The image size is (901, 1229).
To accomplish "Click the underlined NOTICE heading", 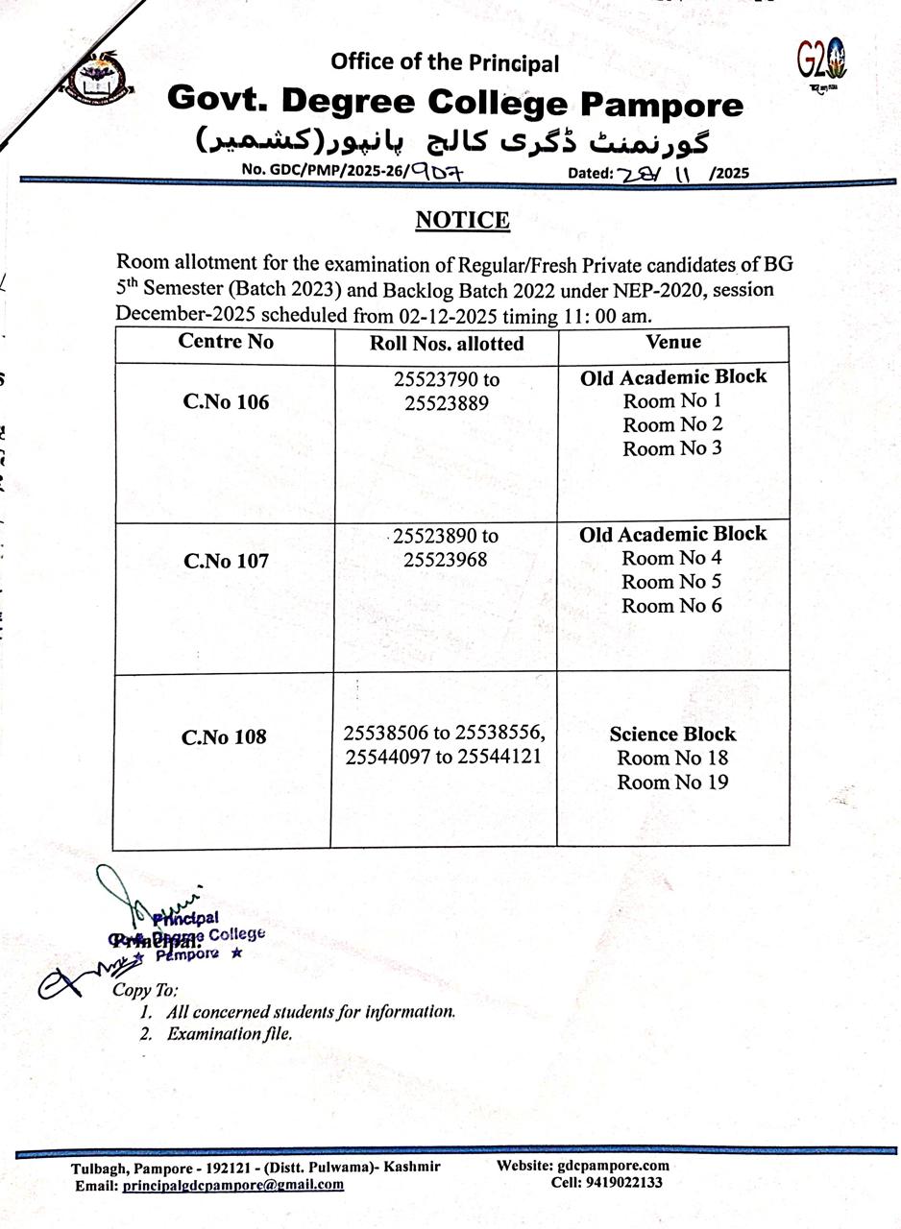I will tap(462, 221).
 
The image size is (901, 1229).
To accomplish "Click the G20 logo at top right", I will tap(822, 62).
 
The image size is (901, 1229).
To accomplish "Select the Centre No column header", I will tap(226, 342).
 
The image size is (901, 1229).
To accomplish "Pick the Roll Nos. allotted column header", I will tap(447, 343).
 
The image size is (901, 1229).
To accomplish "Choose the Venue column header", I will tap(673, 342).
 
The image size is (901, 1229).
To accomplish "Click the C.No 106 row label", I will tap(226, 401).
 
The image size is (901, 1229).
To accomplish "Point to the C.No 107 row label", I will tap(226, 561).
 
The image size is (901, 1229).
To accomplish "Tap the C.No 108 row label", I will tap(224, 737).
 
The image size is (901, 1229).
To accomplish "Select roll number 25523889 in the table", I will tap(447, 403).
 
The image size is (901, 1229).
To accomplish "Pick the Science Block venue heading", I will tap(672, 735).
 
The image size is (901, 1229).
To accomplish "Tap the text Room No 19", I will tap(672, 783).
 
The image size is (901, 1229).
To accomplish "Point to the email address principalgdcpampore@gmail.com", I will tap(233, 1185).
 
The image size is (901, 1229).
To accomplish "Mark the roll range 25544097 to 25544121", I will tap(443, 757).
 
